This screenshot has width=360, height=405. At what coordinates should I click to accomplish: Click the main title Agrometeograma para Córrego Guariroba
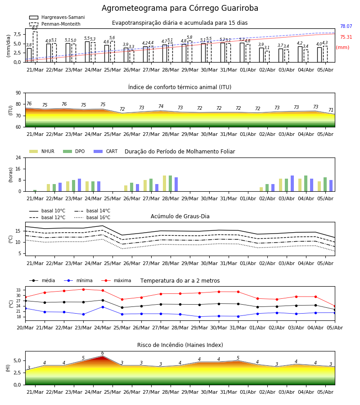180,8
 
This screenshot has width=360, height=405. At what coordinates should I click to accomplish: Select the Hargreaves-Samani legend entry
57,17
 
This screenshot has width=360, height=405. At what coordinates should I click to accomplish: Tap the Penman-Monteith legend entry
55,24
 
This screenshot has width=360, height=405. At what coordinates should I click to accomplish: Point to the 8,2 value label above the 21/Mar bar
35,28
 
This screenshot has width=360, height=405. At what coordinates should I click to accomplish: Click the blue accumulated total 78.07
346,27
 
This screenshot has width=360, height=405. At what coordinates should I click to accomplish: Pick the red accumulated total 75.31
346,37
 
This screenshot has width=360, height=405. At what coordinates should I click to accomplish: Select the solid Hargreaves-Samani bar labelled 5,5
87,52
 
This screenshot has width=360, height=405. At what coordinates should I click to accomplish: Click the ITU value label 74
161,106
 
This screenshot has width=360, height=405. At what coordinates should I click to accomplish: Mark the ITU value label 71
331,110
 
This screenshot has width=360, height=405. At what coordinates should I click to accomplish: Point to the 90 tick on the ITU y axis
18,93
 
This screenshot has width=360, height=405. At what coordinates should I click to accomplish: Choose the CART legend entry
106,151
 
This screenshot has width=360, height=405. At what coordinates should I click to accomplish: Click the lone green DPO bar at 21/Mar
35,191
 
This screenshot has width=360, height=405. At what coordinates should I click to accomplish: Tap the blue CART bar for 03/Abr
292,184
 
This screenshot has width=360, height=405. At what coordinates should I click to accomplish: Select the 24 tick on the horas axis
18,158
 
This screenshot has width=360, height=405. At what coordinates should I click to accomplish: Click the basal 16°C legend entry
92,218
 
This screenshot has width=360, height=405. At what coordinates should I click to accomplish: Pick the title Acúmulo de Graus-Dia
180,216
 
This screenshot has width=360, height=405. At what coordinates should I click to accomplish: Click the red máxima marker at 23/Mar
83,289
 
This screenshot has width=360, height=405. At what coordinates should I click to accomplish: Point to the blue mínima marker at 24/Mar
103,307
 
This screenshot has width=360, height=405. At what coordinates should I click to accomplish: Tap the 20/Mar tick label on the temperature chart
25,328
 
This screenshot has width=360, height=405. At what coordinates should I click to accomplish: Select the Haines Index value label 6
103,353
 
